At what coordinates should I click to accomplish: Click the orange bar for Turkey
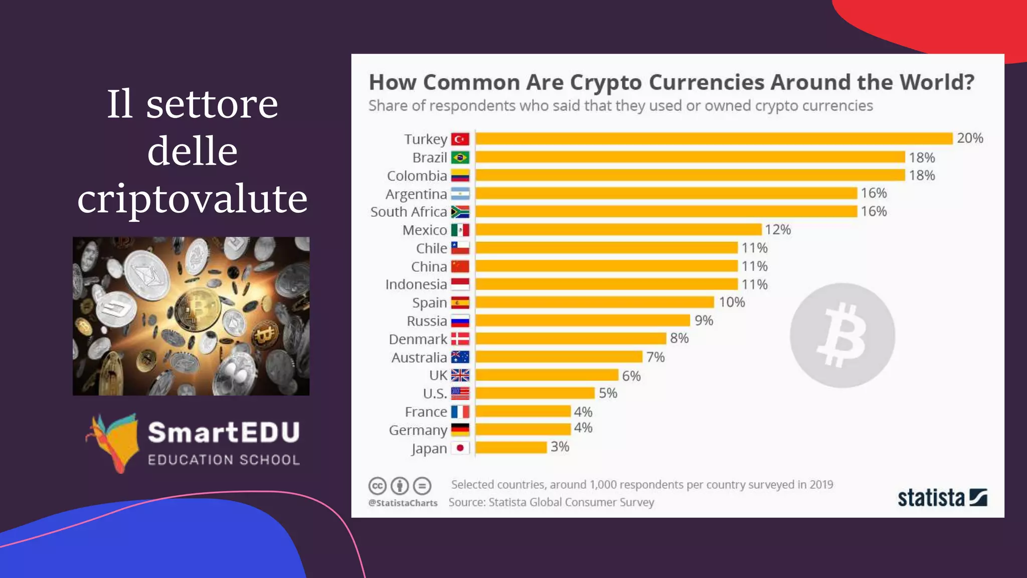point(714,138)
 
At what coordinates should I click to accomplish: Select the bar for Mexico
point(618,230)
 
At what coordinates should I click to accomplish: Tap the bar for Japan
point(511,447)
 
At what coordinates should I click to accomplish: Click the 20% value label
point(970,138)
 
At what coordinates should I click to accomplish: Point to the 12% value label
point(778,230)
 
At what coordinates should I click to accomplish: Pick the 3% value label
point(560,447)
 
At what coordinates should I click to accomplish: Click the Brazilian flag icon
point(460,158)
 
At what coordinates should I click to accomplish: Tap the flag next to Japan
point(460,448)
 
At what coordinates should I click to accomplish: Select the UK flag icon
point(460,375)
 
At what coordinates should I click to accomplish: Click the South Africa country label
point(408,212)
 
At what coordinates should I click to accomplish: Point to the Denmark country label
point(418,339)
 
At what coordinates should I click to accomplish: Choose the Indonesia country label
point(416,284)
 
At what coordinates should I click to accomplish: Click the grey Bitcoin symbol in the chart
point(842,335)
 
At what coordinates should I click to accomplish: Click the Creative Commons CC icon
point(378,486)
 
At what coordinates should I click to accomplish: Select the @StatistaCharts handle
point(403,503)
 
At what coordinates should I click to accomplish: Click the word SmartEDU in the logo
point(224,432)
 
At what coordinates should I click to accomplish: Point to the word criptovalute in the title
point(192,198)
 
